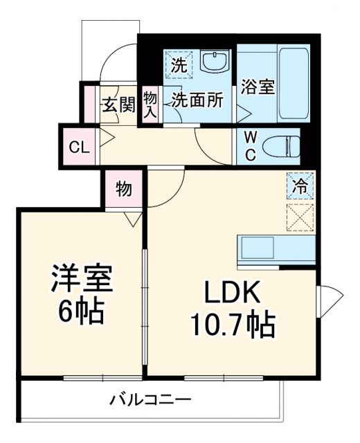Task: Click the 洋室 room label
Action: (x=81, y=280)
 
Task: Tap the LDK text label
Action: (x=232, y=294)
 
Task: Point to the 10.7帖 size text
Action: (x=232, y=323)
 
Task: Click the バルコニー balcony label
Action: (x=150, y=399)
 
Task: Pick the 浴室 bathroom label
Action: (x=258, y=88)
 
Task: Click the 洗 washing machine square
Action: (x=179, y=66)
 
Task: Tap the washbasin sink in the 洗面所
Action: (x=215, y=62)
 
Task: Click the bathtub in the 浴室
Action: (x=291, y=84)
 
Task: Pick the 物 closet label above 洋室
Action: (x=124, y=189)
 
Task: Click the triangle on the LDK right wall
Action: (x=330, y=298)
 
